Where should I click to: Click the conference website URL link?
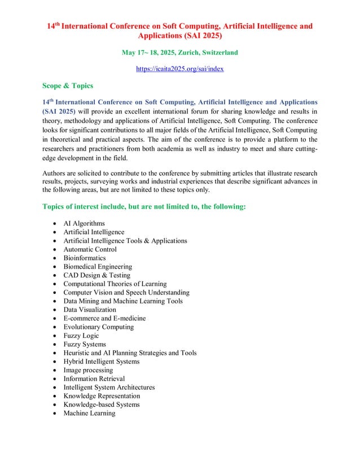tap(179, 69)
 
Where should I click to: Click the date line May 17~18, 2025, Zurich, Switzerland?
tap(179, 52)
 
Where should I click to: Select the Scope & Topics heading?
tap(68, 86)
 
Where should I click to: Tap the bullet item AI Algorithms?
tap(84, 223)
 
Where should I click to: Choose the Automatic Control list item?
tap(90, 249)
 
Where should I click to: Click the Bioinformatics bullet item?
tap(85, 258)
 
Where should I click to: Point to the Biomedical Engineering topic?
tap(98, 266)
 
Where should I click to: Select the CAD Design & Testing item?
tap(96, 275)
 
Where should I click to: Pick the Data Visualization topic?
tap(90, 310)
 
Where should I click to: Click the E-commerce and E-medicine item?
tap(104, 318)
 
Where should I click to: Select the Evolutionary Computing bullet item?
tap(99, 327)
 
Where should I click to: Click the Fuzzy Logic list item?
tap(81, 336)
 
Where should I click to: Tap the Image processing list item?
tap(89, 370)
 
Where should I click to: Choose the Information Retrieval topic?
tap(94, 379)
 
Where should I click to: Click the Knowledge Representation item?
tap(102, 396)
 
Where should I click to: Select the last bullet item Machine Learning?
tap(89, 413)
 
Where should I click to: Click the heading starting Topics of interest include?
tap(144, 206)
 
